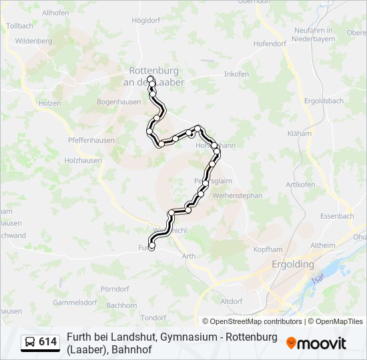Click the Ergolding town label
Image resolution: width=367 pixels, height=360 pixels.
(293, 264)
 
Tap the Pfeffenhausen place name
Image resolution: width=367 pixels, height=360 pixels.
(91, 141)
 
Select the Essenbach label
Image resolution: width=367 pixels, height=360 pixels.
(337, 216)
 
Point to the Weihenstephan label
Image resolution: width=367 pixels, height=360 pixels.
(238, 195)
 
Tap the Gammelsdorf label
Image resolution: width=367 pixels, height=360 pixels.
(75, 302)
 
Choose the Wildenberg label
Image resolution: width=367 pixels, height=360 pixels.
(33, 41)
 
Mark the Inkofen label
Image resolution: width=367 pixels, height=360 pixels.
(236, 73)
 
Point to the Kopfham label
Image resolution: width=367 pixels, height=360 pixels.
(268, 249)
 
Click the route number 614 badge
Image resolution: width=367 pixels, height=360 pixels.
(48, 342)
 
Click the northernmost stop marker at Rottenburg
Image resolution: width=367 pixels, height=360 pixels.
(150, 79)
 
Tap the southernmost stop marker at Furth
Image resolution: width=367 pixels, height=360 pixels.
(151, 247)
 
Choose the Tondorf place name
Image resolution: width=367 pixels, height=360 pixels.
(153, 317)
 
